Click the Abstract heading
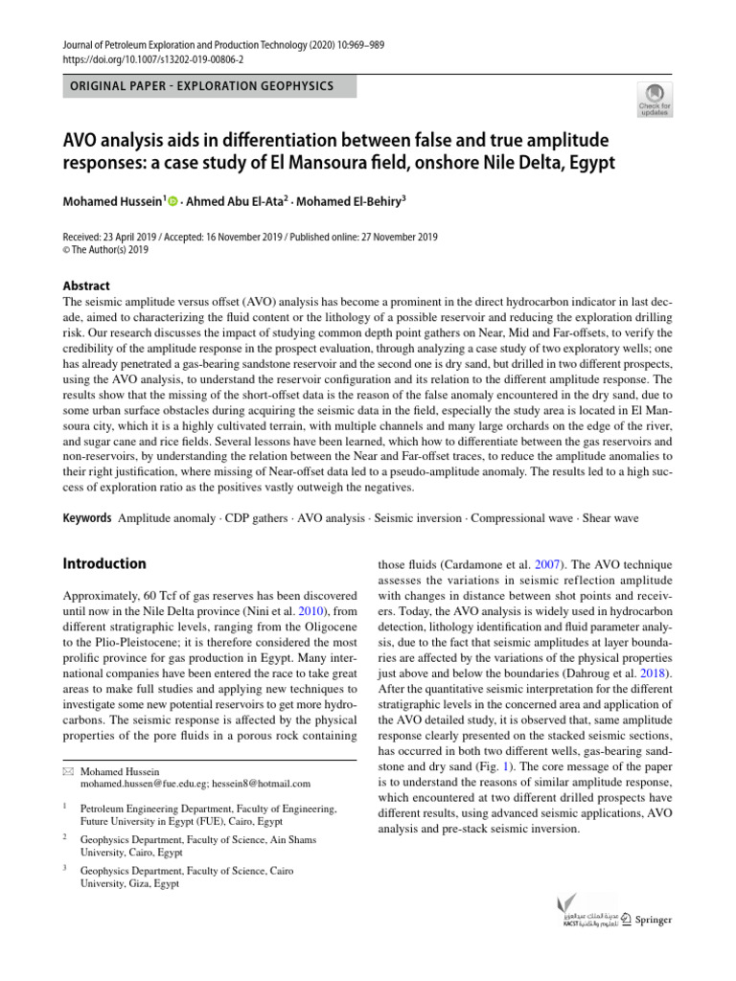[x=85, y=285]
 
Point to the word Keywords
[x=87, y=518]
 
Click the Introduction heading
[x=103, y=563]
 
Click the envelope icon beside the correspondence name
[x=67, y=771]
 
